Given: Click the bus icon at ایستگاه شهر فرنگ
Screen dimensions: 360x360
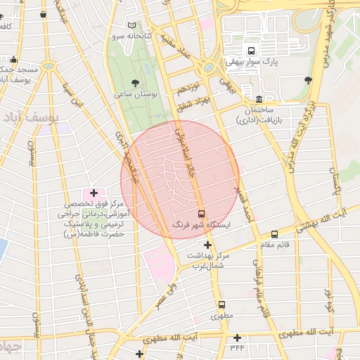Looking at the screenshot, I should click(x=202, y=213).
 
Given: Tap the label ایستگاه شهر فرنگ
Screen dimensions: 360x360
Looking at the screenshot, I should click(x=202, y=226).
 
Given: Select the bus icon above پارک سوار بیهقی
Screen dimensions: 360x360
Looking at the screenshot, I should click(x=251, y=51).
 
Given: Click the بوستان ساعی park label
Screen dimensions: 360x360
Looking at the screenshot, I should click(x=135, y=94).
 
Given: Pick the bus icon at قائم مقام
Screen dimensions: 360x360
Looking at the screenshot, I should click(x=274, y=234).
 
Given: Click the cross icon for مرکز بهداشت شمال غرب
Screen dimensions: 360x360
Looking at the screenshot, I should click(x=207, y=245).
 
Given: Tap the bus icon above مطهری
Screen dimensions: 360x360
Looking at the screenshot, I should click(x=222, y=305).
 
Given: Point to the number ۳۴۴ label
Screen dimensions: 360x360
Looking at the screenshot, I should click(x=236, y=348).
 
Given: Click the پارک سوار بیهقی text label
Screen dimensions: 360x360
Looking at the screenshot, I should click(x=252, y=62).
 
